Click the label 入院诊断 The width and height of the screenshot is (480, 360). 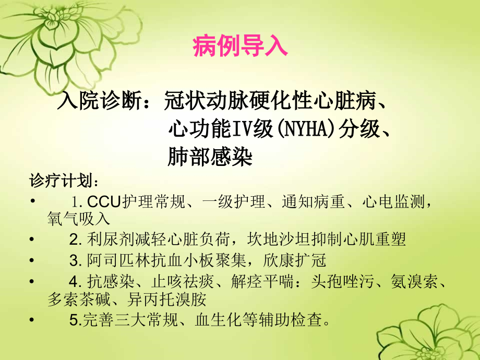click(99, 101)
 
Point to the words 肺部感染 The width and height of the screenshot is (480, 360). click(210, 157)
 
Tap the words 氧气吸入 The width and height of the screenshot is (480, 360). click(79, 218)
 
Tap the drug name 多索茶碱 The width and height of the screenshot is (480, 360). click(79, 299)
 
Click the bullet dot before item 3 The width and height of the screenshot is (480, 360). click(32, 260)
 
